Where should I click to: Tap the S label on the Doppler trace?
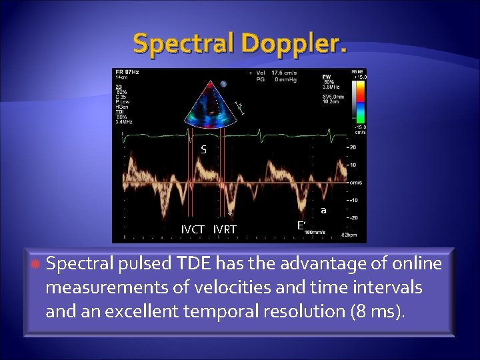(x=204, y=150)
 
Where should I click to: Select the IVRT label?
(x=225, y=230)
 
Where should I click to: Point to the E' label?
(x=301, y=225)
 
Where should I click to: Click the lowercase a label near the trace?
(x=323, y=211)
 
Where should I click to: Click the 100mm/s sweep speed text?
(x=315, y=233)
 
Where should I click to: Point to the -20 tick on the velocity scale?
(x=354, y=216)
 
